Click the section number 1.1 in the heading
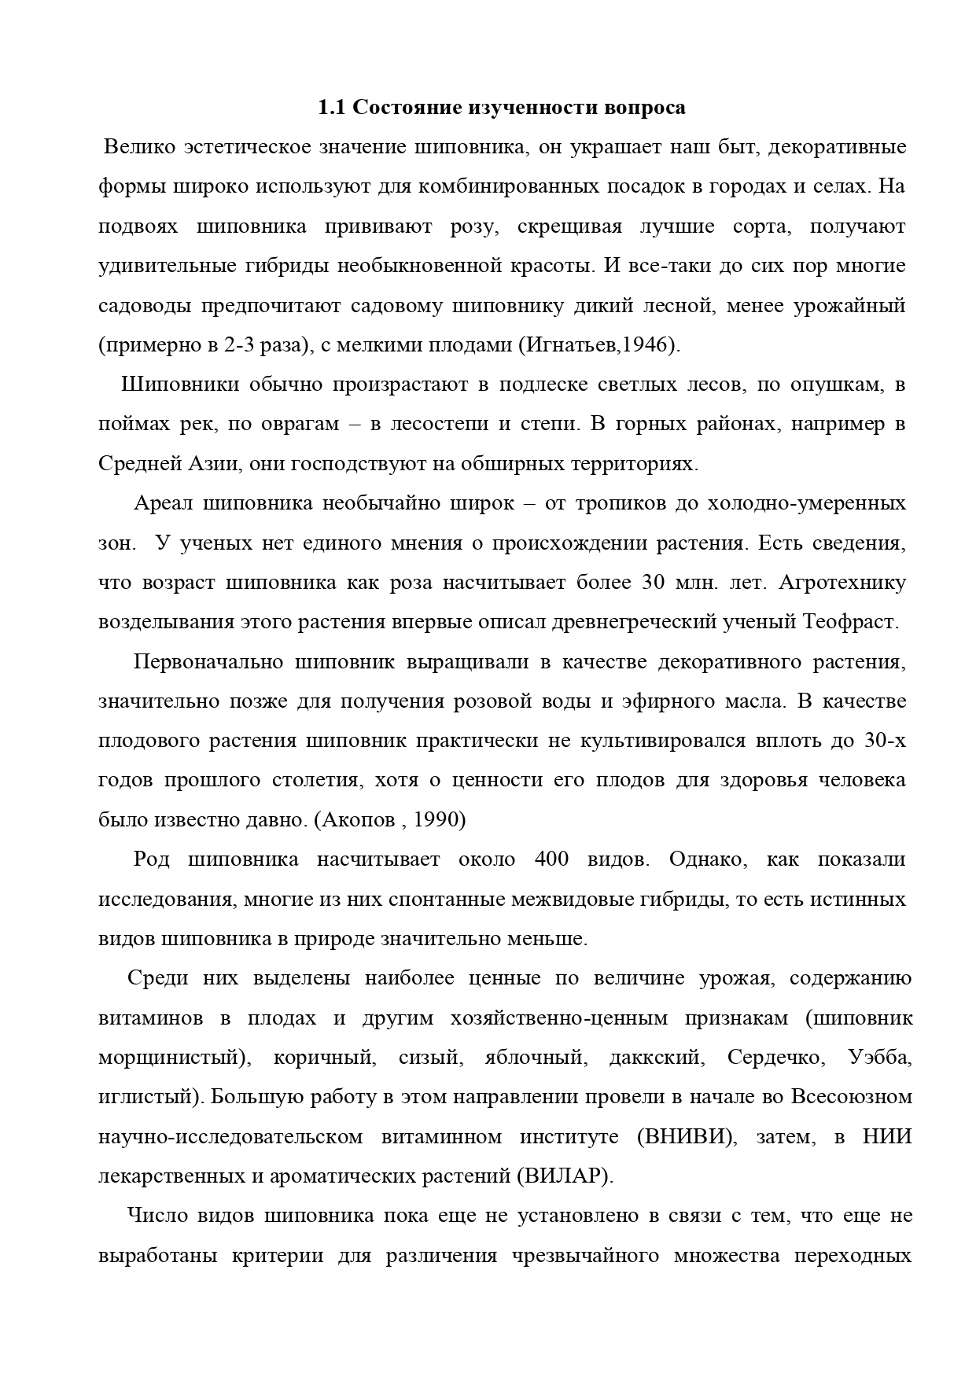[330, 108]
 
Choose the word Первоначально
[208, 662]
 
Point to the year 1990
[439, 820]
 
